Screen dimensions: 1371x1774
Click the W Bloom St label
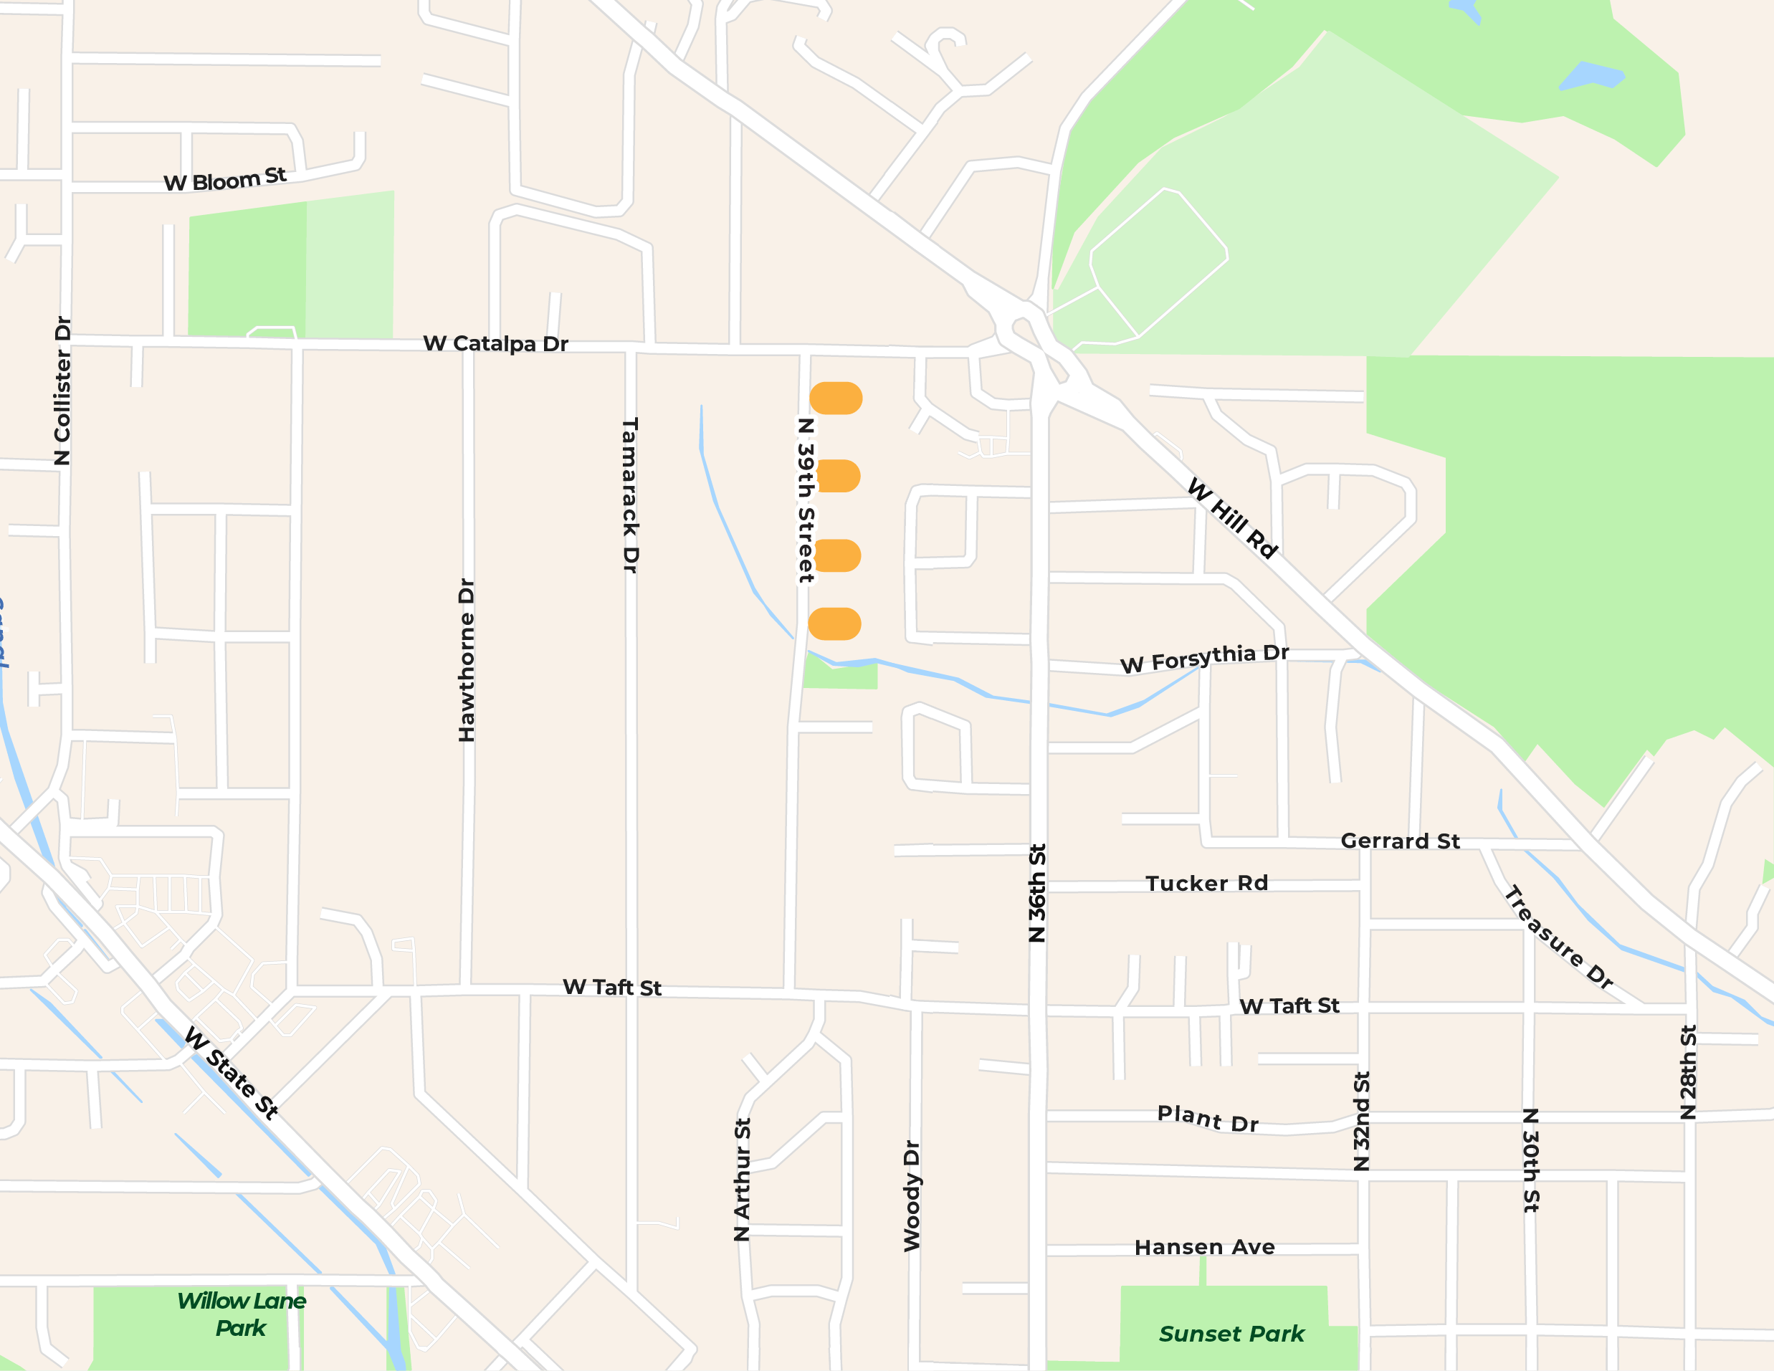[x=225, y=179]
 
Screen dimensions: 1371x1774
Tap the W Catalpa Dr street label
[x=495, y=343]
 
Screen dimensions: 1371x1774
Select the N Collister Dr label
[x=62, y=391]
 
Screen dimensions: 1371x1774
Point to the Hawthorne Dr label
[x=466, y=659]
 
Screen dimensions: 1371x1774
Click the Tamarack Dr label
[x=630, y=495]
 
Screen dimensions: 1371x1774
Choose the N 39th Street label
[x=805, y=500]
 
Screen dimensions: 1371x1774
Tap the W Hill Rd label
[x=1232, y=517]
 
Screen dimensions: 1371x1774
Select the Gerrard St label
[x=1400, y=841]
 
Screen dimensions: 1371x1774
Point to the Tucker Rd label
[x=1206, y=883]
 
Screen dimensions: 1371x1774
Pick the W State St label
[x=232, y=1071]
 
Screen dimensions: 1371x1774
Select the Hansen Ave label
[x=1205, y=1247]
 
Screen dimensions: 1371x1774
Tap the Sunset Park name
[x=1231, y=1334]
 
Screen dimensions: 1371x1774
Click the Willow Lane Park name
[x=242, y=1314]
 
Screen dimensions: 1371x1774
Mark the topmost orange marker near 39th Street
[x=836, y=398]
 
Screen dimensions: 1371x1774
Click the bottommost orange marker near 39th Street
[x=835, y=623]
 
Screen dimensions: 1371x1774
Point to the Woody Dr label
[x=912, y=1195]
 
